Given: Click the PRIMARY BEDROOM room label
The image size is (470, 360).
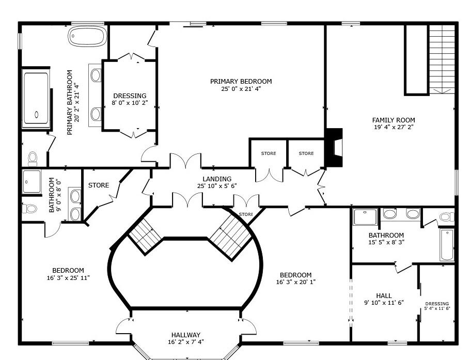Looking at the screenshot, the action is (x=241, y=82).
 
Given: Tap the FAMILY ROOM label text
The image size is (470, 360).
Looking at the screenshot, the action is (x=394, y=120).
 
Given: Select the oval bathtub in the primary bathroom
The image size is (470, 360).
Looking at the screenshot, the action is (x=87, y=37).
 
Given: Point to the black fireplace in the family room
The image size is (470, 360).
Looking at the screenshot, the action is (x=334, y=148).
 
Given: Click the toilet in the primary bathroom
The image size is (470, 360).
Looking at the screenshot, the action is (x=33, y=159).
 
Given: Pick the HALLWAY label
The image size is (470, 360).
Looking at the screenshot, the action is (x=186, y=335).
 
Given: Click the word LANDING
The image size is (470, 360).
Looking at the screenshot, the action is (x=217, y=179).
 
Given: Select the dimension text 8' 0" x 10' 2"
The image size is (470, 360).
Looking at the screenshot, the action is (x=130, y=103).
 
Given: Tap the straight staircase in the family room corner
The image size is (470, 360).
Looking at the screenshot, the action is (x=442, y=59).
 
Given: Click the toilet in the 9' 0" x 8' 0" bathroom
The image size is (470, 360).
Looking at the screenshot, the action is (x=29, y=208).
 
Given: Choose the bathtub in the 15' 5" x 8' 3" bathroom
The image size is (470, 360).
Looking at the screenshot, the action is (x=447, y=245).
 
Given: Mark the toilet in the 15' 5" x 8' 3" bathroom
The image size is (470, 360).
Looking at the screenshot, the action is (x=447, y=217).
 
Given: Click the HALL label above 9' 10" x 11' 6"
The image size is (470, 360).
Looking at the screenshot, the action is (x=384, y=296).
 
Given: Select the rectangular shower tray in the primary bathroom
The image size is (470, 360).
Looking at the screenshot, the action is (x=36, y=98).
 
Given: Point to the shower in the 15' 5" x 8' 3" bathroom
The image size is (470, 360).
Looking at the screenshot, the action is (x=365, y=217).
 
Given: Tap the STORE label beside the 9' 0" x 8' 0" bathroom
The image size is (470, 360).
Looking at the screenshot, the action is (x=99, y=185).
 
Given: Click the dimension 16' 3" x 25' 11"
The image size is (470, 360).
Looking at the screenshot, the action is (x=68, y=278).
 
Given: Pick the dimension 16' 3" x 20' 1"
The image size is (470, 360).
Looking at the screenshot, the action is (x=296, y=282).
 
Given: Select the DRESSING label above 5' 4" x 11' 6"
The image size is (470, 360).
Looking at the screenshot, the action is (x=437, y=304).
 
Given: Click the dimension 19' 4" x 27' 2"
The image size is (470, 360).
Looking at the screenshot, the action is (x=394, y=127).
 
